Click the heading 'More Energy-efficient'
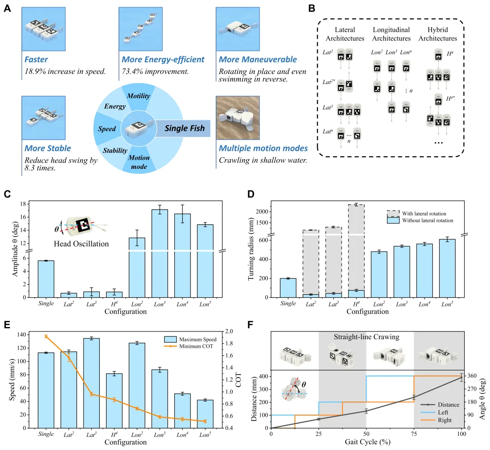coord(163,59)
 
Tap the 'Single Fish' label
coord(185,129)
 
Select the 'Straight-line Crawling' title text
coord(366,337)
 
